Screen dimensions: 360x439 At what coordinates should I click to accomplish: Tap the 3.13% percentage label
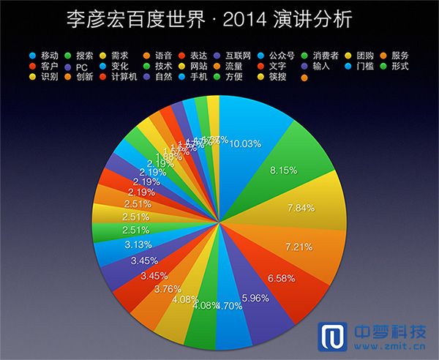pos(138,244)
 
